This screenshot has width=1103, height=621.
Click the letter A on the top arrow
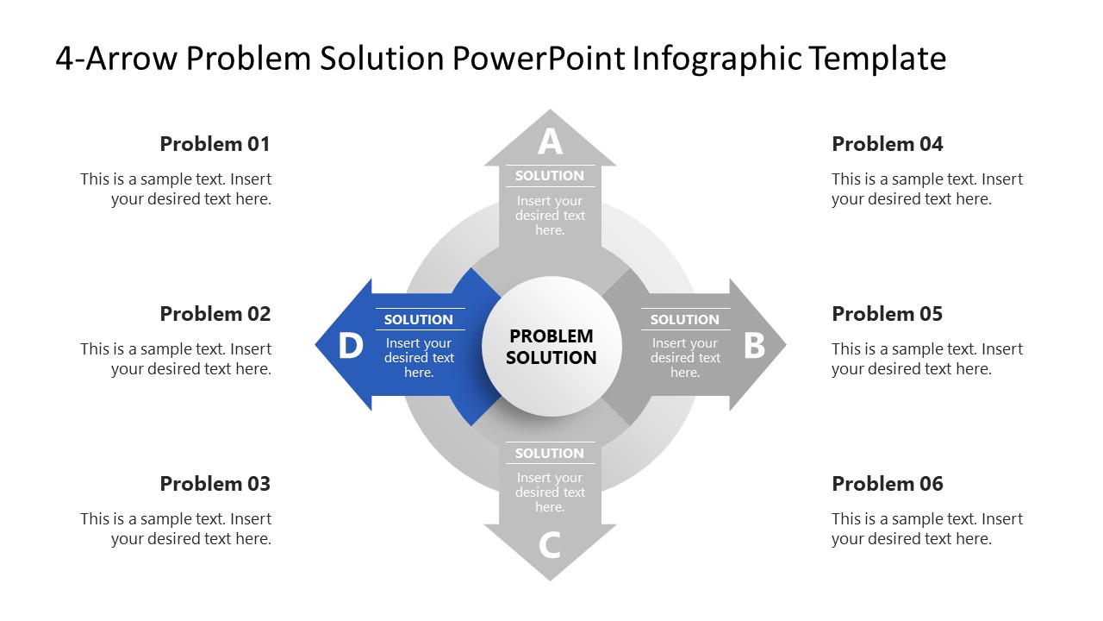(550, 141)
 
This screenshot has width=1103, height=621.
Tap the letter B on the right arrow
(754, 346)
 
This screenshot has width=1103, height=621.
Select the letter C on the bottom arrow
(550, 545)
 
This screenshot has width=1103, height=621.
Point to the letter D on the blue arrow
(350, 346)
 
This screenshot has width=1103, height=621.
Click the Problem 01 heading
(215, 144)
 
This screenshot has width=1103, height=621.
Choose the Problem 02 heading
(215, 314)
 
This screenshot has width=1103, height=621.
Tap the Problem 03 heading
(215, 484)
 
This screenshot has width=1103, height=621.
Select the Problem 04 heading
(888, 144)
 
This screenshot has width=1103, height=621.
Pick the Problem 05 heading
(888, 314)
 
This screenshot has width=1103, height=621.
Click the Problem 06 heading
(888, 484)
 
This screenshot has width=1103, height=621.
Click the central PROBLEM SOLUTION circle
(551, 347)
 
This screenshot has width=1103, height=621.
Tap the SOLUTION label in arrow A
(550, 176)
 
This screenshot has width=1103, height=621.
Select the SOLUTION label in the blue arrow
(419, 320)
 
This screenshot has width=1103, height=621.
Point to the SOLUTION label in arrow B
(684, 320)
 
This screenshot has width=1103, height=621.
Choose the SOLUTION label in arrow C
(550, 454)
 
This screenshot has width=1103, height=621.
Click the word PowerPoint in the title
(539, 59)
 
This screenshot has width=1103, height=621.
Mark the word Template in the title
(877, 59)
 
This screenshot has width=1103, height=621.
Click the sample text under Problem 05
(927, 359)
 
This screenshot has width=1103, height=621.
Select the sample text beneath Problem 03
(176, 529)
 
